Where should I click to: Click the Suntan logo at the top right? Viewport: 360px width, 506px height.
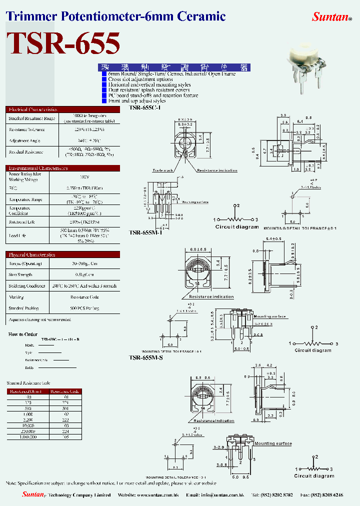[331, 17]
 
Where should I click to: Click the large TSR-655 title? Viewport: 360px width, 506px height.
[63, 43]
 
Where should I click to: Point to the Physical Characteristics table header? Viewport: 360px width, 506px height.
[32, 254]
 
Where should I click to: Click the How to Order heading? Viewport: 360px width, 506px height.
[23, 334]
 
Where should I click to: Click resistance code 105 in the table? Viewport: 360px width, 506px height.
[65, 436]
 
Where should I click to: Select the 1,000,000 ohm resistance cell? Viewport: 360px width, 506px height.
[28, 436]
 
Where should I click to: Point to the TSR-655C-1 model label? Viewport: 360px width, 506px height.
[144, 107]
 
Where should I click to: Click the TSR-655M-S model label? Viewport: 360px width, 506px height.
[145, 357]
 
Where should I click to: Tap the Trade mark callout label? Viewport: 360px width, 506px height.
[163, 170]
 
